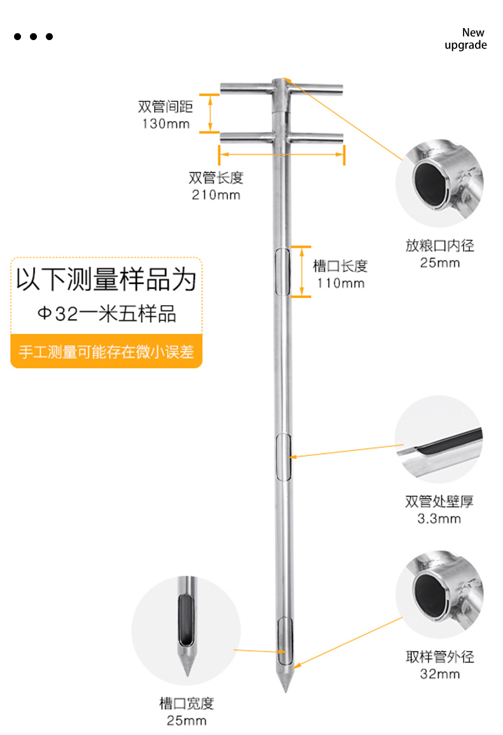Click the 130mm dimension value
click(x=166, y=124)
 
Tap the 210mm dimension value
click(x=216, y=195)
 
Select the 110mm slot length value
click(x=341, y=283)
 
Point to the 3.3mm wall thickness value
click(x=439, y=518)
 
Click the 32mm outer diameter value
click(x=439, y=674)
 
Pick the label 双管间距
click(x=165, y=106)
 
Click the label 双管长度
click(x=216, y=178)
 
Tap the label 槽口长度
click(x=341, y=266)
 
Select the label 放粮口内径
click(x=439, y=245)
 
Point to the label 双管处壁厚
click(x=439, y=501)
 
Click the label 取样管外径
click(x=439, y=657)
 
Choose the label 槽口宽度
click(x=186, y=703)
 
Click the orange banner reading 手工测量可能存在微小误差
click(x=106, y=352)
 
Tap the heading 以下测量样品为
click(x=106, y=280)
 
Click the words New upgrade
click(x=466, y=39)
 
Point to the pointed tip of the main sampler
click(x=284, y=690)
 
